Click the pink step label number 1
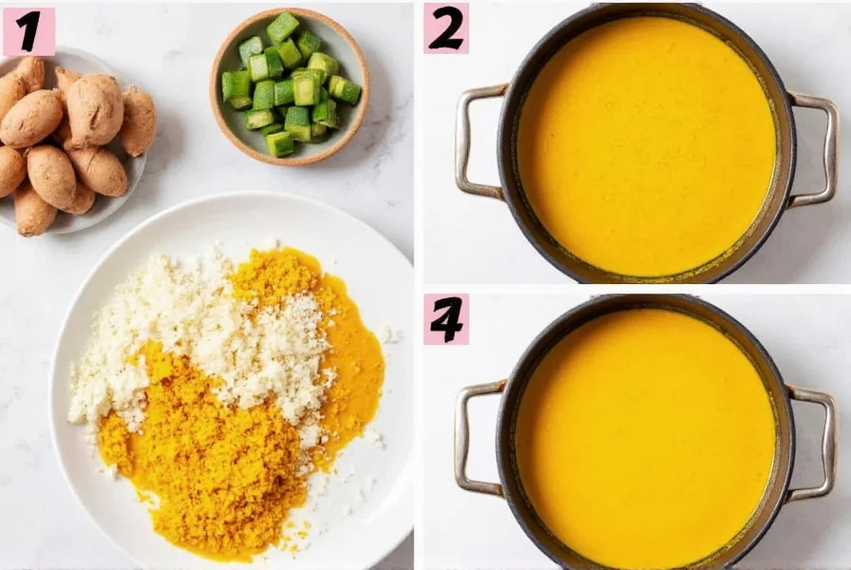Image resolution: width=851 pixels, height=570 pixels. [28, 31]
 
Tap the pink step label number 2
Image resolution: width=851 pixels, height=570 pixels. [446, 28]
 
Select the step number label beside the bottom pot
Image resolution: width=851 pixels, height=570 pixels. [446, 319]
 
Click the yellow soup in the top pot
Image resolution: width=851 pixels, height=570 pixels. [646, 142]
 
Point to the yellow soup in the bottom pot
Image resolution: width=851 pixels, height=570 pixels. [646, 437]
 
